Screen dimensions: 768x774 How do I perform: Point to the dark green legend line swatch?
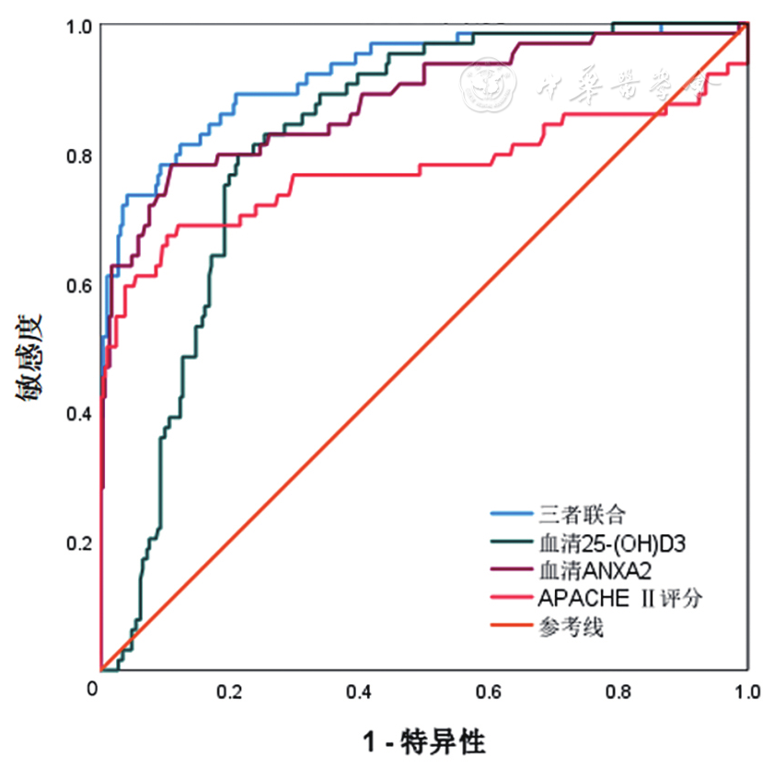[x=507, y=543]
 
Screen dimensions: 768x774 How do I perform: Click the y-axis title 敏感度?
[x=29, y=359]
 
